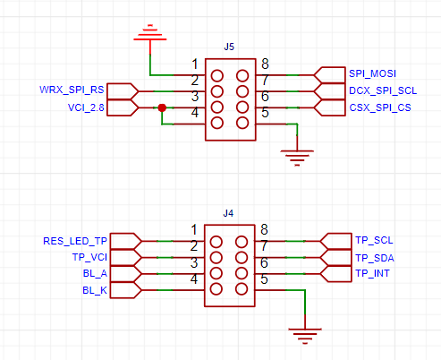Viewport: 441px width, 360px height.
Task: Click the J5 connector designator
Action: [229, 47]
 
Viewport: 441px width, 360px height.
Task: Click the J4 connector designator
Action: [228, 213]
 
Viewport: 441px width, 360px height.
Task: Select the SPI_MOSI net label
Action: [372, 73]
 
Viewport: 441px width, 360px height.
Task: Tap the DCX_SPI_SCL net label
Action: [383, 90]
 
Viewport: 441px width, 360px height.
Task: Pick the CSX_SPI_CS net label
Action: [380, 107]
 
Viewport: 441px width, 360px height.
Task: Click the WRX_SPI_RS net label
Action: [72, 90]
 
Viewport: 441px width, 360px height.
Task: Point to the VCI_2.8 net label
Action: [86, 107]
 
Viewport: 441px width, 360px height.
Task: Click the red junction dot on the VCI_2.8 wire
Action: [162, 107]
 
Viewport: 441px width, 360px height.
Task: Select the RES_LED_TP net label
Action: [75, 241]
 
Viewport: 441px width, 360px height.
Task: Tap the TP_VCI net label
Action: [89, 257]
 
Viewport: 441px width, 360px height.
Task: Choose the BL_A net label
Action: [95, 273]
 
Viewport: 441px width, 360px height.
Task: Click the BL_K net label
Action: [95, 290]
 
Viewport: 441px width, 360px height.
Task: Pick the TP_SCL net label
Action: [374, 240]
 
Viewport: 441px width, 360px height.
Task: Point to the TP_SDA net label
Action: [375, 258]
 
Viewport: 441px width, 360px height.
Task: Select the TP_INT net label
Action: [372, 273]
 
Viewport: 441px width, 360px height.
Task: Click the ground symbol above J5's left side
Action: [150, 33]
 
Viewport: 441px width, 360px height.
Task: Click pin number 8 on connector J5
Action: [265, 64]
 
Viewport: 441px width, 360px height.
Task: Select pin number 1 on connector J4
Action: [194, 230]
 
